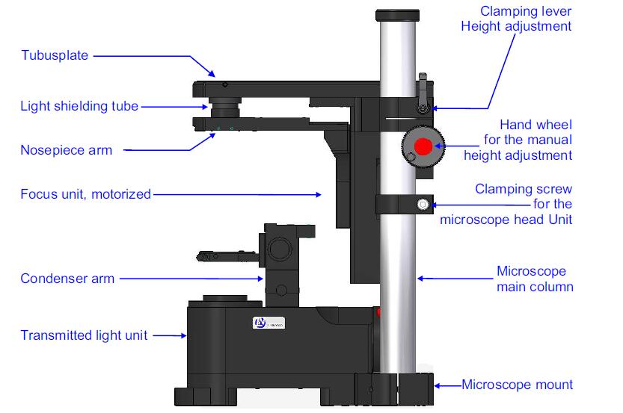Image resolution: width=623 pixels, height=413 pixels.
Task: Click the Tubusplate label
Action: point(55,55)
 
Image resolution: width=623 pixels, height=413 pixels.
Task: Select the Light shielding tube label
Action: point(79,106)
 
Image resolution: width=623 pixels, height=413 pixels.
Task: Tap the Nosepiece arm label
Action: point(67,149)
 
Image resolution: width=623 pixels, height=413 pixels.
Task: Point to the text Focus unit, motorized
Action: point(85,194)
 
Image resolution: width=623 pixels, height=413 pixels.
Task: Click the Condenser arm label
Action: point(67,279)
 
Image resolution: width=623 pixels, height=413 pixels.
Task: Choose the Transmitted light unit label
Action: point(85,335)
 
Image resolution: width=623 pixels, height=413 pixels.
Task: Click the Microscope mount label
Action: point(518,385)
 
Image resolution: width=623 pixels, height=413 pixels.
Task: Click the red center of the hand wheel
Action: point(423,146)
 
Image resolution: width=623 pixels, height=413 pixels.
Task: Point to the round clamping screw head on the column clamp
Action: point(423,203)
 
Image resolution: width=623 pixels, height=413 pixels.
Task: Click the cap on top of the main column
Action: point(397,14)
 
